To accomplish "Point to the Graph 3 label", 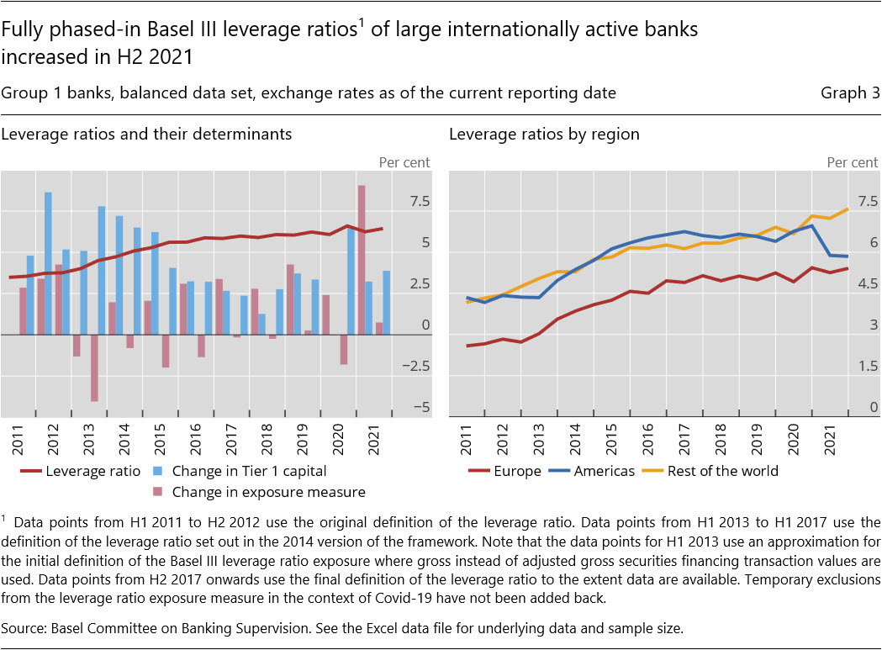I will tap(849, 93).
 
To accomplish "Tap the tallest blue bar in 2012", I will tap(48, 263).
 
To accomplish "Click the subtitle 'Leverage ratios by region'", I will tap(544, 134).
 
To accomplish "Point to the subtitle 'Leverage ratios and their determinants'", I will tap(146, 134).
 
